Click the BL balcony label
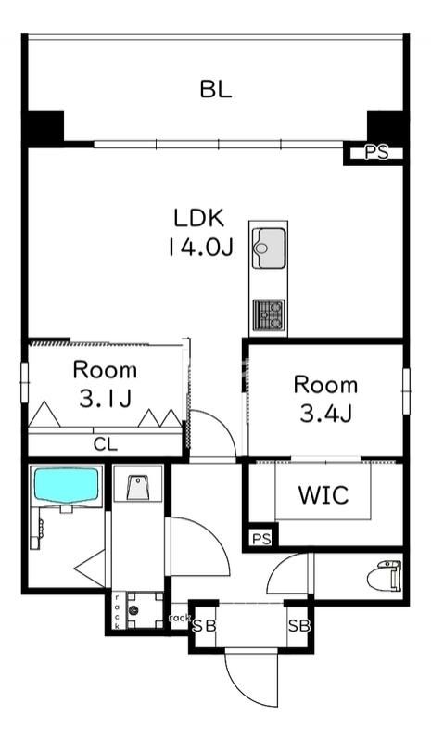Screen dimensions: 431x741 point(216,89)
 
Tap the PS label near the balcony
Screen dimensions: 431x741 point(376,153)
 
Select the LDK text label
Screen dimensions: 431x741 point(198,217)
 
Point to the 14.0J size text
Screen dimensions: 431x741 point(200,247)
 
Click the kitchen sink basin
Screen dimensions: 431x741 point(269,249)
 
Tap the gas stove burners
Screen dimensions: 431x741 point(269,314)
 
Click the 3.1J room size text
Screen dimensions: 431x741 point(105,399)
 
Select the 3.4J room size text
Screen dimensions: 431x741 point(325,415)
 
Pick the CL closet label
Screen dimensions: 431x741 point(106,444)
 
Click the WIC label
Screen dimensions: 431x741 point(323,494)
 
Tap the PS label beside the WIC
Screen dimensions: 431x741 point(261,539)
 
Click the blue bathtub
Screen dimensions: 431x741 point(68,486)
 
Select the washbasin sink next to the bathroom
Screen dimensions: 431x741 point(138,487)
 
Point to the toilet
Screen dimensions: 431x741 point(385,575)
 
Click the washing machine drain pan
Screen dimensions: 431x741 point(145,609)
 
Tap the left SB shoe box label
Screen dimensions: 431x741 point(205,626)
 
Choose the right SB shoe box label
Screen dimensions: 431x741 point(299,626)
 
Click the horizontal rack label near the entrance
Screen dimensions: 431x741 point(180,618)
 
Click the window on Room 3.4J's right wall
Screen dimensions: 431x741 point(406,391)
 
